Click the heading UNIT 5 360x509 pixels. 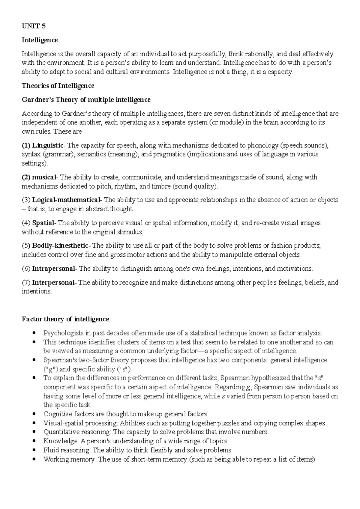tap(34, 26)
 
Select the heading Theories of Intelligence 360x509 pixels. tap(58, 86)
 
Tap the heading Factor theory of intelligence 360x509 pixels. tap(65, 319)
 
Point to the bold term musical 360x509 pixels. tap(44, 177)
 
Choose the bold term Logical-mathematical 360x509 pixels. tap(67, 200)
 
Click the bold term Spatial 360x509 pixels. tap(43, 223)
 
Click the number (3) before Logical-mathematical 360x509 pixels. tap(26, 200)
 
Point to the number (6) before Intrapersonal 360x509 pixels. tap(26, 269)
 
